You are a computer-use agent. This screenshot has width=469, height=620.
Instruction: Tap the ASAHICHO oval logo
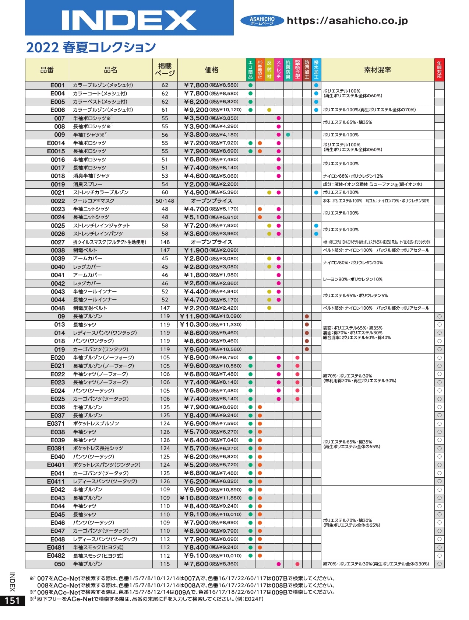click(x=262, y=21)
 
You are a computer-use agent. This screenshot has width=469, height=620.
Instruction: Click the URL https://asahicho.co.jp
click(x=347, y=21)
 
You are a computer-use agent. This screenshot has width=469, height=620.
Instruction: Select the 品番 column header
click(x=47, y=70)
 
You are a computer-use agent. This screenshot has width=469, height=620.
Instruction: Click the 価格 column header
click(x=212, y=70)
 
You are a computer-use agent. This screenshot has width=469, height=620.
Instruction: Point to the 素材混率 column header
click(x=377, y=70)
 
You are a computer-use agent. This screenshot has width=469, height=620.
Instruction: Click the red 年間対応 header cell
click(x=439, y=70)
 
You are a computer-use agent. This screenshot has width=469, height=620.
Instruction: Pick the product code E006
click(x=57, y=110)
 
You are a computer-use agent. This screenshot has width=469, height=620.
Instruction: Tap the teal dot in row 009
click(x=288, y=135)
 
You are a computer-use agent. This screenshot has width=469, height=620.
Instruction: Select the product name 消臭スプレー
click(x=88, y=184)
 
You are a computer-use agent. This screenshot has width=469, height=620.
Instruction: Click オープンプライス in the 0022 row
click(x=212, y=201)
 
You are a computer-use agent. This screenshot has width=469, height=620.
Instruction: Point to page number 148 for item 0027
click(x=165, y=242)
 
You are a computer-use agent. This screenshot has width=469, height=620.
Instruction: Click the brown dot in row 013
click(x=307, y=324)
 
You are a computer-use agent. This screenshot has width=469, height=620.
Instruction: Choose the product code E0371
click(x=56, y=424)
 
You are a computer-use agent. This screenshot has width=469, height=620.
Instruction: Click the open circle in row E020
click(x=439, y=358)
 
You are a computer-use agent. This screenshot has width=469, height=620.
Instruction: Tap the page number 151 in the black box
click(x=12, y=600)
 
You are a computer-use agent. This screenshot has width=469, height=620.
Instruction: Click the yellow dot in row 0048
click(x=269, y=308)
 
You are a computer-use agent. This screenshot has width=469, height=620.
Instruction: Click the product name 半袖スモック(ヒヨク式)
click(x=98, y=547)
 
